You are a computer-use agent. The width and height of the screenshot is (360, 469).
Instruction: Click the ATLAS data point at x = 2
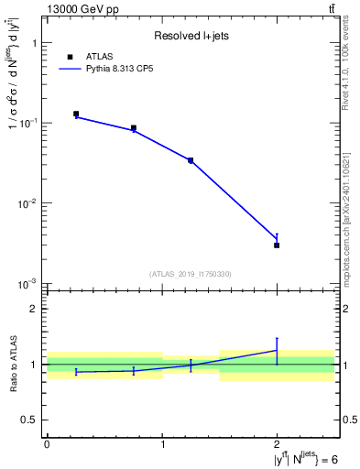pos(277,245)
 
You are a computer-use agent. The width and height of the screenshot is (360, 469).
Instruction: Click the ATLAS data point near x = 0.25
pos(76,114)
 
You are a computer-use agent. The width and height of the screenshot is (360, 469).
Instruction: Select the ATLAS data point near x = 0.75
pos(134,128)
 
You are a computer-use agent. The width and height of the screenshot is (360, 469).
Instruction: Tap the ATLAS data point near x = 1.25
pos(191,160)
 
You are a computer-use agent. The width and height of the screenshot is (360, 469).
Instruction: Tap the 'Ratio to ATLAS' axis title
pos(15,365)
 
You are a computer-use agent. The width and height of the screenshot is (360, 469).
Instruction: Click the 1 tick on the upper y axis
pos(33,43)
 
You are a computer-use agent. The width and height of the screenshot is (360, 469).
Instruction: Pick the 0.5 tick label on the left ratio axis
pos(30,420)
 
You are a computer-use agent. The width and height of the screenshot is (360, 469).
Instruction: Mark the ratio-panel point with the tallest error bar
pos(277,350)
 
